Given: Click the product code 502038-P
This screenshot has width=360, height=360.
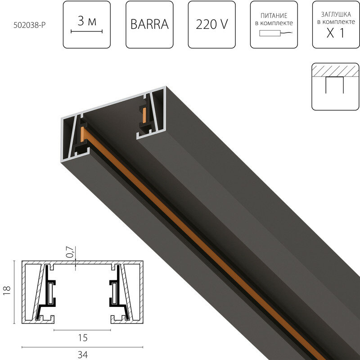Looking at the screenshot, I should tap(30, 25).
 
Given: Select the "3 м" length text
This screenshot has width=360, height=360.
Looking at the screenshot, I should tap(87, 21).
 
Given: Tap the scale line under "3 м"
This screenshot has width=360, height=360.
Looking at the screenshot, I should tap(87, 31).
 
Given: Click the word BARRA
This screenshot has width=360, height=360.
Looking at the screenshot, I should tap(149, 25).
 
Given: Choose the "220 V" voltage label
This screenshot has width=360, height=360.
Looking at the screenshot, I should tap(211, 25).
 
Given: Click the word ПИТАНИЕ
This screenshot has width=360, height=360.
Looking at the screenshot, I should tap(272, 15).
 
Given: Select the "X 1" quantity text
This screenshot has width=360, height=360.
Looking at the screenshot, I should tap(336, 33).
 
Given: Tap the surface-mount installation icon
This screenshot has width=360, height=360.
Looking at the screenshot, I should tap(335, 86).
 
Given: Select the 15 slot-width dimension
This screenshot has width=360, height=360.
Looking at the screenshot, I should tap(82, 337).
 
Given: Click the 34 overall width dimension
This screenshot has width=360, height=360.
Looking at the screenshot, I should tap(82, 354).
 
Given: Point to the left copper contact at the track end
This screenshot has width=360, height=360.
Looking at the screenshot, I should tap(83, 134).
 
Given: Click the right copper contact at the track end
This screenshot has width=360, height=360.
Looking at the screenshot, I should tap(144, 116).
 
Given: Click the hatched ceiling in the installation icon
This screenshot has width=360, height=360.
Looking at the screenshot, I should tap(335, 71).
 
